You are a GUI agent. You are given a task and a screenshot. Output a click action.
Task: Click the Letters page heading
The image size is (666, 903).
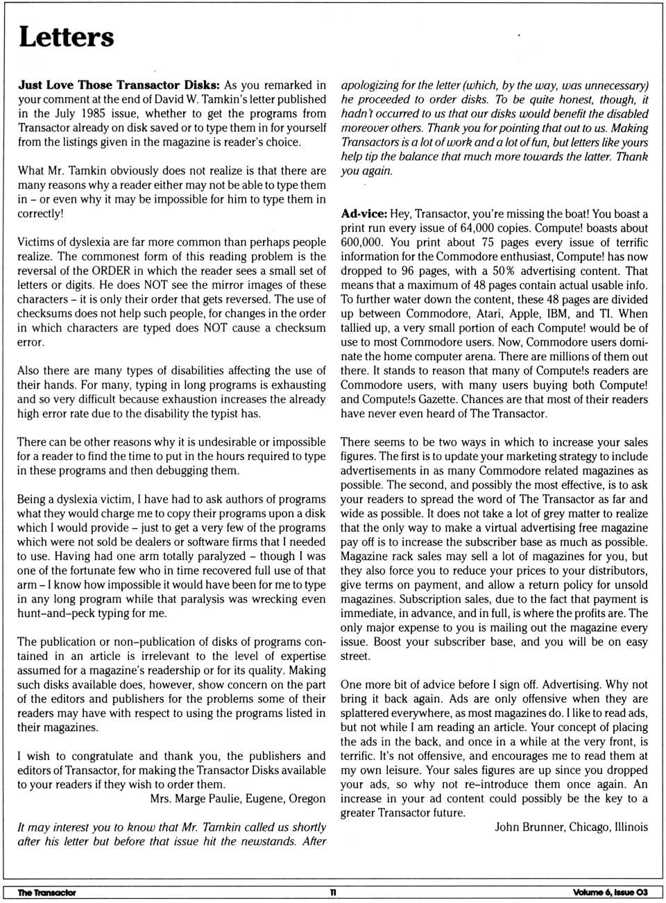(66, 37)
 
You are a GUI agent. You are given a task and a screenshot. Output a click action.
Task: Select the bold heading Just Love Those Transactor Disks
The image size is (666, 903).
(119, 85)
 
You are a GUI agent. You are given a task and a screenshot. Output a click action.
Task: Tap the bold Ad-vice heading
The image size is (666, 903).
(364, 214)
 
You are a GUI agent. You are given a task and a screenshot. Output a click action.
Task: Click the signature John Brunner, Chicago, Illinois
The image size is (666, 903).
(571, 827)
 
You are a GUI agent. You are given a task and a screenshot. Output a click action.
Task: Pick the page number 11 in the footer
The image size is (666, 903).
(333, 892)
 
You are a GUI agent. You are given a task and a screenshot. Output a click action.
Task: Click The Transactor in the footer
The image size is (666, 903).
(46, 892)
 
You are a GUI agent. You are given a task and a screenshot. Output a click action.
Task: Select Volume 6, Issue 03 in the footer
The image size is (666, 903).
(610, 892)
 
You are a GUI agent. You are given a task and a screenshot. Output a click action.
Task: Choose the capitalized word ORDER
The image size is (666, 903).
(110, 271)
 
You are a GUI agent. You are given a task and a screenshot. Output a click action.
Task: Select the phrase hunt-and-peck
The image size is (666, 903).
(52, 613)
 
